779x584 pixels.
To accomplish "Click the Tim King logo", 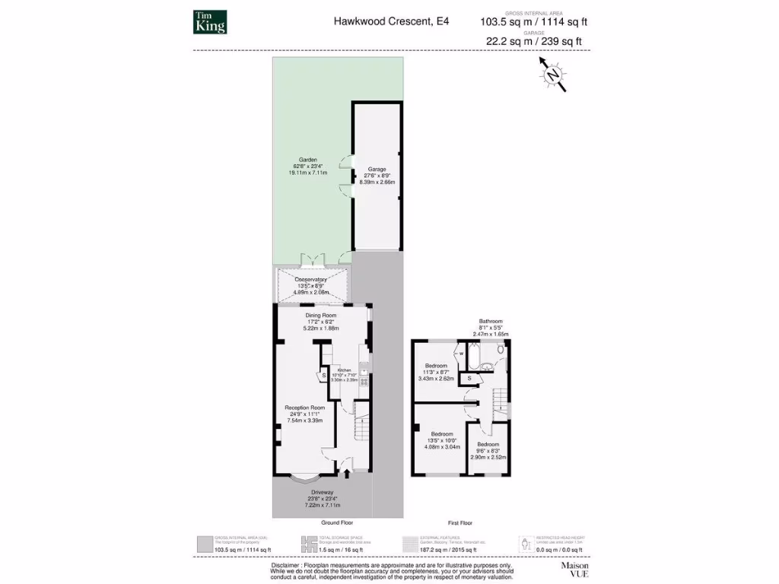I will click(x=211, y=22).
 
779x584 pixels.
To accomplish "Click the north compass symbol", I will click(x=553, y=74).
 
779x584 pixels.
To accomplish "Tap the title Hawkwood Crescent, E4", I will click(x=391, y=22).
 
